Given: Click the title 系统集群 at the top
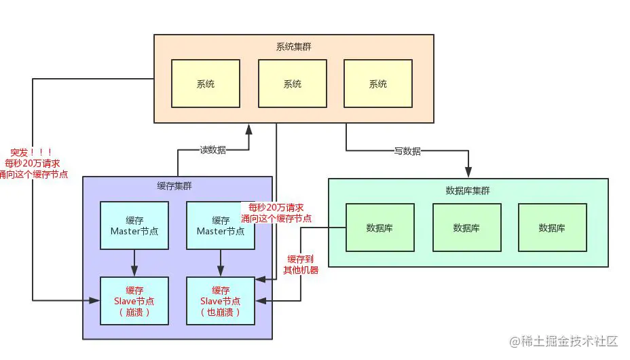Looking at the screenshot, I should (293, 47).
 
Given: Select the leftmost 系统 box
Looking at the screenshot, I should (206, 84).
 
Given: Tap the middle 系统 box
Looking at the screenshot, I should (292, 84).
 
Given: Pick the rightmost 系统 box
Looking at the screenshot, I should (377, 84).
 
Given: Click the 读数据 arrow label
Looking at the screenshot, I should (212, 149).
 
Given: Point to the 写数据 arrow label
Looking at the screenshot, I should (407, 151).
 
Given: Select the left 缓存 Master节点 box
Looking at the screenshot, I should (134, 226).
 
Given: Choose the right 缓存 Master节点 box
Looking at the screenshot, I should (221, 226).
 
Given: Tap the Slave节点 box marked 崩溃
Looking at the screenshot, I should (134, 300).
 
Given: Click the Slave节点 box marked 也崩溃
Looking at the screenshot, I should (221, 300).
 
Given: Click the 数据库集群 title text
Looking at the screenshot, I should (468, 190).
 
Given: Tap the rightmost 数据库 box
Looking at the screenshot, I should (552, 228).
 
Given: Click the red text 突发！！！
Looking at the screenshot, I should (32, 152).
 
